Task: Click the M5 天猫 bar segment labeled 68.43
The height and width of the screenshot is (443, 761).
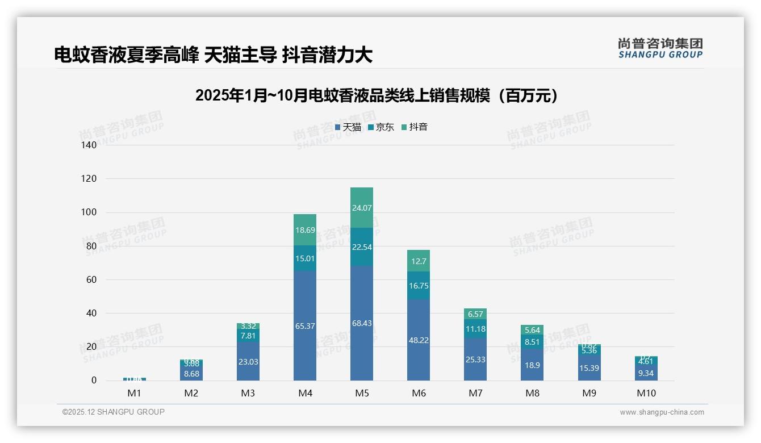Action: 362,324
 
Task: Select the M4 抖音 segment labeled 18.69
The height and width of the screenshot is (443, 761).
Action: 305,230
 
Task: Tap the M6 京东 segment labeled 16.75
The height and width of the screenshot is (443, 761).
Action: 419,286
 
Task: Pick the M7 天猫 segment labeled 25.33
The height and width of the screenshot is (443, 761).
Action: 475,360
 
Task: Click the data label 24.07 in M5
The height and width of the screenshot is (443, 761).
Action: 362,208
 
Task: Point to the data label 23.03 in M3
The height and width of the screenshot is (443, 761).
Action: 248,362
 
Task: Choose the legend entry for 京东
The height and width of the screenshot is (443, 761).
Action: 381,127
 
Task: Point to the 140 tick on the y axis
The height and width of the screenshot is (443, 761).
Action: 89,145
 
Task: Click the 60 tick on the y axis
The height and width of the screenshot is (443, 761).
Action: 91,279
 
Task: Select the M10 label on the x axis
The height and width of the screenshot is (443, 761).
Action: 646,393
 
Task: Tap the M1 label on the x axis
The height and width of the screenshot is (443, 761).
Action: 135,393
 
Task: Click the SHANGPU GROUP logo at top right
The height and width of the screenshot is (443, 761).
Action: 660,48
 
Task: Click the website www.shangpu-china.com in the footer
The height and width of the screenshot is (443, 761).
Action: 662,412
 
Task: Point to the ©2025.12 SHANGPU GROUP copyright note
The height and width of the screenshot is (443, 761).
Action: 114,412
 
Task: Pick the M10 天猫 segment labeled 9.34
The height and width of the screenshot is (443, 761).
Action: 646,373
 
